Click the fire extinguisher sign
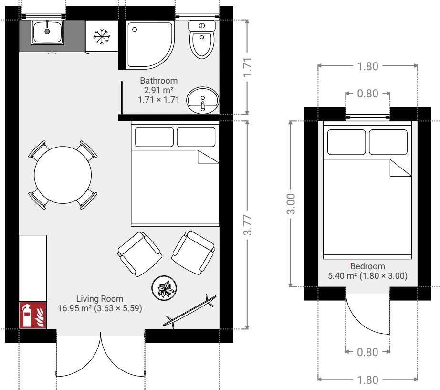[32, 315]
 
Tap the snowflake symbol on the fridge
[102, 36]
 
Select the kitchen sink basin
[47, 32]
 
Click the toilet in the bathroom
[202, 39]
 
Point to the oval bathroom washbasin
[203, 100]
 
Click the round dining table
[63, 175]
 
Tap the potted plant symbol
[164, 288]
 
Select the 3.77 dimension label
[248, 225]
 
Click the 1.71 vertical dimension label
[248, 67]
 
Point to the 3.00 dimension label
[291, 204]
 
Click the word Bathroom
[159, 81]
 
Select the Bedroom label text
[367, 266]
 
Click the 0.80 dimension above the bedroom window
[367, 94]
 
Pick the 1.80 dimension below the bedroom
[367, 380]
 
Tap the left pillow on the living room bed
[154, 137]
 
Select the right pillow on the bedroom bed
[388, 142]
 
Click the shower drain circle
[135, 30]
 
